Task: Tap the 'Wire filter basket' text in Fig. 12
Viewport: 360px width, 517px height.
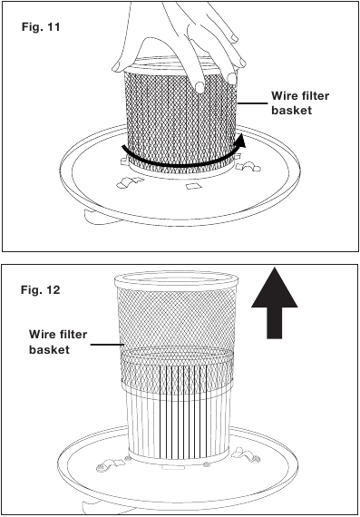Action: point(58,341)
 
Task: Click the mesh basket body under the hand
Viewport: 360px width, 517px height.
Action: point(181,118)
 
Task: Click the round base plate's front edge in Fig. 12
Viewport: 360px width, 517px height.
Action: point(181,496)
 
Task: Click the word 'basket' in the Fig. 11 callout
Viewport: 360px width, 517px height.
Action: point(293,110)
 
